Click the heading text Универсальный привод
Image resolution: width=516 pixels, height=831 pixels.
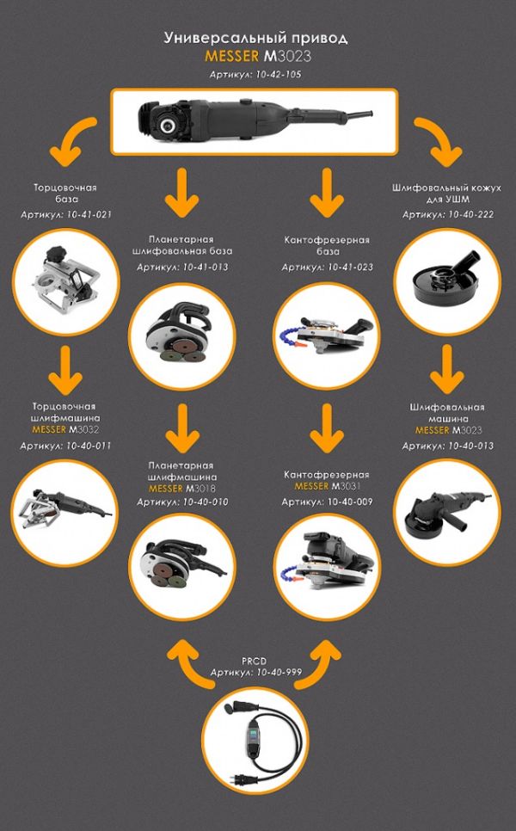[256, 38]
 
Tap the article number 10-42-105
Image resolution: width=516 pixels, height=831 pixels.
[278, 74]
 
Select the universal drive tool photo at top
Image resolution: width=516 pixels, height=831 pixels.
[255, 122]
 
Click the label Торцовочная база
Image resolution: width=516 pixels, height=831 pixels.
[65, 194]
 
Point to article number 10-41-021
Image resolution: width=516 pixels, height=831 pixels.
[89, 215]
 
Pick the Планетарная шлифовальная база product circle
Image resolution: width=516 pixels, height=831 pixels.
[182, 336]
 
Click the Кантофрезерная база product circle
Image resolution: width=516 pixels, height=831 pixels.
[327, 336]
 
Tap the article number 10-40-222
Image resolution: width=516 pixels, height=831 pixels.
[471, 215]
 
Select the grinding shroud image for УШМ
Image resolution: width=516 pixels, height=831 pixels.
[448, 282]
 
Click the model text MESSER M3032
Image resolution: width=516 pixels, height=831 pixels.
[65, 429]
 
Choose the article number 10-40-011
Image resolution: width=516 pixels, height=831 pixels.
[89, 446]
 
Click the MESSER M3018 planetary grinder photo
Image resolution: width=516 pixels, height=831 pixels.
[182, 566]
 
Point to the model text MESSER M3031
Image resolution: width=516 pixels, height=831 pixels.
[328, 486]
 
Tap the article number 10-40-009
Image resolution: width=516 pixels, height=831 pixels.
[350, 502]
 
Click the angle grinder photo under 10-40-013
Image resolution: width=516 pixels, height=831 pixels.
[448, 513]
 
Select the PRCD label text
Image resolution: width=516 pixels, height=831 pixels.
[255, 662]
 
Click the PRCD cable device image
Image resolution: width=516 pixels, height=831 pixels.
[255, 740]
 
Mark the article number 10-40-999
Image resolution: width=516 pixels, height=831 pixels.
[279, 673]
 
